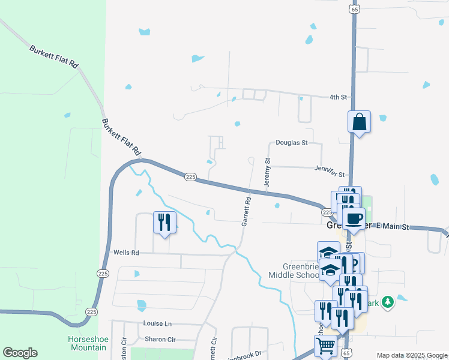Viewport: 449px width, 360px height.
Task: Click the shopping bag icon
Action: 359,122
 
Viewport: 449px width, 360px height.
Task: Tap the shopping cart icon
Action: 325,345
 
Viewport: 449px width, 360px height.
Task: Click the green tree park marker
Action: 388,301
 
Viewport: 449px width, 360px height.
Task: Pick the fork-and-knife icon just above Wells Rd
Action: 164,222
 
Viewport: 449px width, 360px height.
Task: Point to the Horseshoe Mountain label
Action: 88,343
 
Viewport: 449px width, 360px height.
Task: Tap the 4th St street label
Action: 339,97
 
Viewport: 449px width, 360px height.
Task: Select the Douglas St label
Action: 291,143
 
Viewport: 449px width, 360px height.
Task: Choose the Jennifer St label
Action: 329,171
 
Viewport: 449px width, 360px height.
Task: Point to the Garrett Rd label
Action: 246,211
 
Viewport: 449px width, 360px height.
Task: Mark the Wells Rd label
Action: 126,253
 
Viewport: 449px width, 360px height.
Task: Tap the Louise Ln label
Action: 157,323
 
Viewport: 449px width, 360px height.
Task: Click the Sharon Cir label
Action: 160,339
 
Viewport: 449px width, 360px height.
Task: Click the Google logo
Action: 20,353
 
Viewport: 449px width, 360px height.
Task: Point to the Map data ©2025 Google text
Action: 411,355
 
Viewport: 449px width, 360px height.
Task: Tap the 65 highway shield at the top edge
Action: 355,10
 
